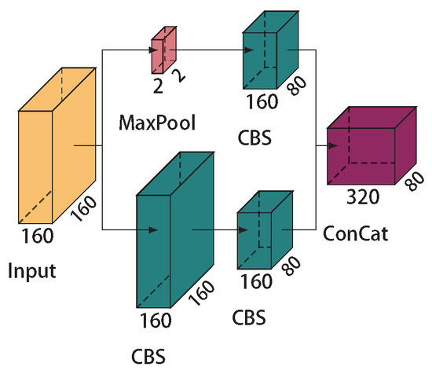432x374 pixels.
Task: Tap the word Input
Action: [x=33, y=272]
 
